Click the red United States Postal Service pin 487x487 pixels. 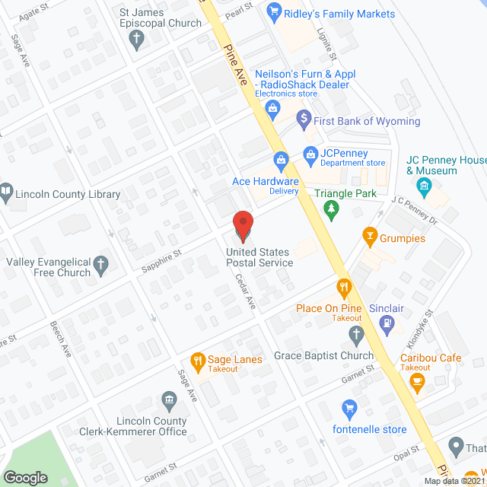click(x=243, y=225)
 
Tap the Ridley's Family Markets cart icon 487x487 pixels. click(x=275, y=13)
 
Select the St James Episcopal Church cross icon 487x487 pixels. click(x=137, y=40)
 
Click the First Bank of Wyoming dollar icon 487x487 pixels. click(x=304, y=119)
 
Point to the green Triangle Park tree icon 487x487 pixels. click(x=330, y=209)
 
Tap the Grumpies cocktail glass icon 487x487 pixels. click(x=371, y=237)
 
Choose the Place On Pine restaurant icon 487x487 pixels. click(x=344, y=288)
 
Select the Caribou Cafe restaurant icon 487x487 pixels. click(x=416, y=385)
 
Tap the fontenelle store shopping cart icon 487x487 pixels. click(x=349, y=409)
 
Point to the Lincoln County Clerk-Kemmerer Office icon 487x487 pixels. click(x=168, y=400)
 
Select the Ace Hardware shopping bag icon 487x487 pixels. click(x=281, y=161)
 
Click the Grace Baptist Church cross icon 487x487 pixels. click(x=355, y=334)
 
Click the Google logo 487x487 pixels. click(x=26, y=477)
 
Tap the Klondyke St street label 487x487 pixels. click(x=423, y=324)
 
